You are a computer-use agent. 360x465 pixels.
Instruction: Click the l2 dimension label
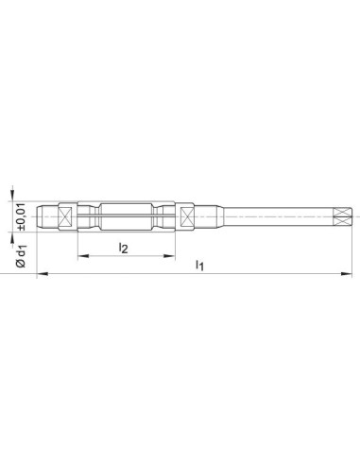tap(123, 248)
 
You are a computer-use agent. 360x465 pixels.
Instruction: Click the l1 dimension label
tap(199, 265)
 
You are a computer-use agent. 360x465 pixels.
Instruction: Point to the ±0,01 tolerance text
tap(21, 217)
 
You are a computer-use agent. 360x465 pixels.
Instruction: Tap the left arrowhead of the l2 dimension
tap(82, 256)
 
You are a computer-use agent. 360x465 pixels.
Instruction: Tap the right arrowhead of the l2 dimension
tap(170, 256)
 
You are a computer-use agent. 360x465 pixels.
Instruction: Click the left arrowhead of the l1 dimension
tap(43, 274)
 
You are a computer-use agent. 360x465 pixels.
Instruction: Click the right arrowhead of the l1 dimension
tap(347, 274)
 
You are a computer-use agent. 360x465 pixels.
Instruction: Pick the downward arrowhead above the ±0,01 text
tap(12, 196)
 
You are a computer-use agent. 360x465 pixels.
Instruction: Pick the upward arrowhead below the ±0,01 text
tap(12, 237)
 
